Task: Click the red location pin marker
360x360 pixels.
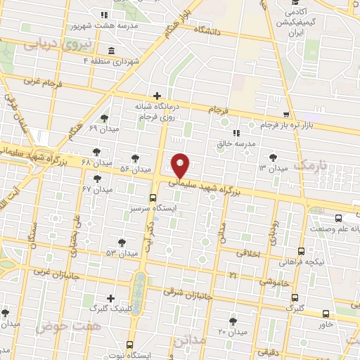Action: (x=181, y=165)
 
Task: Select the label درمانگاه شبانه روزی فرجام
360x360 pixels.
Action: (x=158, y=113)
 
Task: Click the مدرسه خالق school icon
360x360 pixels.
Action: (x=236, y=132)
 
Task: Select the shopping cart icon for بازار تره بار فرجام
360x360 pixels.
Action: (x=285, y=115)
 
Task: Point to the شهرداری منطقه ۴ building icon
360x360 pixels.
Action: (x=112, y=51)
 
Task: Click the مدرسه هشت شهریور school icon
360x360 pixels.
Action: (x=104, y=15)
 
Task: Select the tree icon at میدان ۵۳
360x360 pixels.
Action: (x=122, y=242)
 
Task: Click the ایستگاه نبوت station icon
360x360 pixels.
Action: (x=129, y=345)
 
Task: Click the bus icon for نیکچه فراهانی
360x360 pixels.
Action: (x=302, y=251)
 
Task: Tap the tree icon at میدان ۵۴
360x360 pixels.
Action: (x=136, y=158)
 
